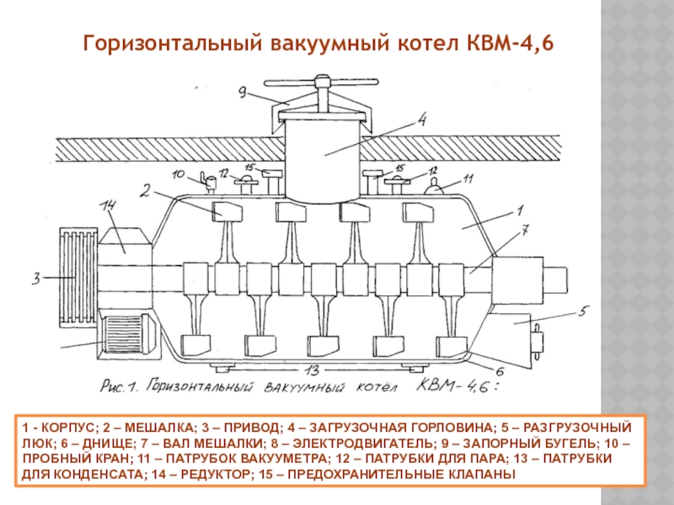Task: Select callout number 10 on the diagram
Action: pos(178,175)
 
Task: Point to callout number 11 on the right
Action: pos(468,178)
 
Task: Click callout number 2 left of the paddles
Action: pos(146,191)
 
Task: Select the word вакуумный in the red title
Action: pos(334,43)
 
